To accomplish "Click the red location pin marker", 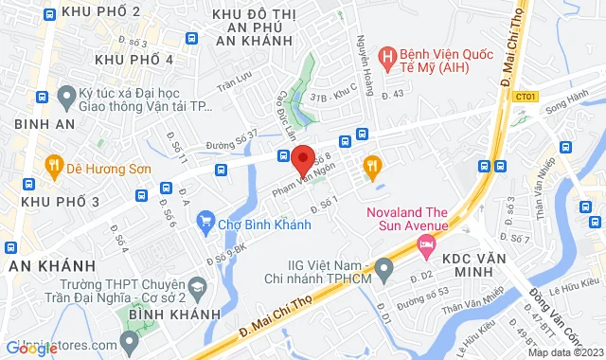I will click(x=302, y=157).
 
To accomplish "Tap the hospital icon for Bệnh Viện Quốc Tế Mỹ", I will click(x=386, y=57).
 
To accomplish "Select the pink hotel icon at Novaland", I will click(x=425, y=247).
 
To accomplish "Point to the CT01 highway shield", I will click(x=527, y=96).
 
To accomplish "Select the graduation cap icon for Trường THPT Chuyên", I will click(x=197, y=287).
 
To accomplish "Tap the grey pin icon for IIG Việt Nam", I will click(x=383, y=271).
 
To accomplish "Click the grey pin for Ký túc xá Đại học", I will click(x=66, y=97).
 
